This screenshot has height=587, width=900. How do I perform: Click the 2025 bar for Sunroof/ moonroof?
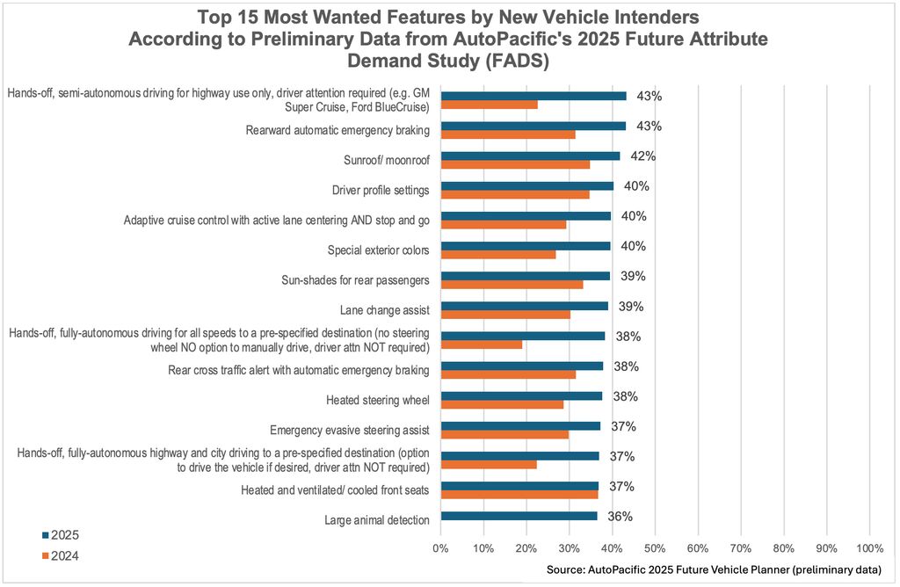530,156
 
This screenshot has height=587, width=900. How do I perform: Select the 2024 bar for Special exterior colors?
497,255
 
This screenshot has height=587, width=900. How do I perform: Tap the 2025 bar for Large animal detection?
519,516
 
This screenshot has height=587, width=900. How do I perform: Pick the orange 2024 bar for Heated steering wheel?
502,404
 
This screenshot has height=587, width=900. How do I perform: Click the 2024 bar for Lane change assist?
505,315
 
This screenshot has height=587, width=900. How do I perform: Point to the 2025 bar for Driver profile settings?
527,185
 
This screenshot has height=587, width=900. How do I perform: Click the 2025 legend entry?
61,534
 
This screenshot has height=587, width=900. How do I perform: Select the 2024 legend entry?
61,554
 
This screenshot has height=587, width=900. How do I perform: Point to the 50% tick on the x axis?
655,547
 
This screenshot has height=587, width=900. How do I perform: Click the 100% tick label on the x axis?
869,547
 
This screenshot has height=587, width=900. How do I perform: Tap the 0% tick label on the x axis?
441,547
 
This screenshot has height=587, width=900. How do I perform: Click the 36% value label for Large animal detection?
621,516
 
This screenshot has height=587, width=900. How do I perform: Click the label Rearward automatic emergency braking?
337,131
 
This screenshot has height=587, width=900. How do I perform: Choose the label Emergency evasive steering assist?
349,430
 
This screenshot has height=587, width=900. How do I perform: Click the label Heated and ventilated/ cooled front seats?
335,489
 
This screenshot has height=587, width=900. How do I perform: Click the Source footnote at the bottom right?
714,570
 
